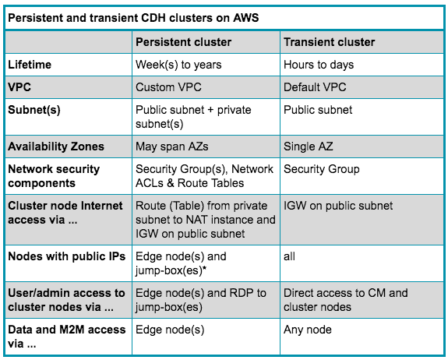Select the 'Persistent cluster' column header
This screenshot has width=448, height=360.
coord(180,42)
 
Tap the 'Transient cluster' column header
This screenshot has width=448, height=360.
coord(329,42)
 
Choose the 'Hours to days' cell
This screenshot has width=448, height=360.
coord(319,65)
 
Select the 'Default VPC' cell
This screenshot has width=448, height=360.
coord(315,87)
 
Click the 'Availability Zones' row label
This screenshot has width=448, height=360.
coord(55,146)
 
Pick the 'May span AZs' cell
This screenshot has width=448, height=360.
coord(171,146)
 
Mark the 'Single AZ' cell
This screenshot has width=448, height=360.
coord(309,146)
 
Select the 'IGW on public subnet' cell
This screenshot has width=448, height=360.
coord(338,206)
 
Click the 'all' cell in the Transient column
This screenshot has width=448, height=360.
coord(290,256)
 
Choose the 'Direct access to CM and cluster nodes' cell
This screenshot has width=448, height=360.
coord(345,300)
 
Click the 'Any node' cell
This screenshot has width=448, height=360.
coord(308,330)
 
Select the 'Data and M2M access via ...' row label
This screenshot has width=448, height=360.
coord(66,336)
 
